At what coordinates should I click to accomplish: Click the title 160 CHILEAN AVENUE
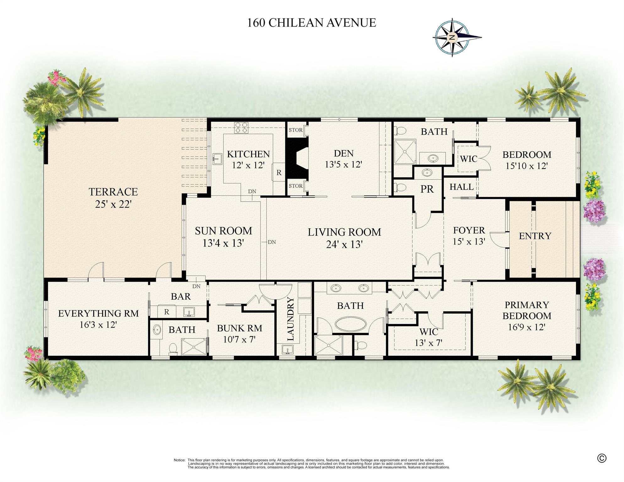[x=312, y=23]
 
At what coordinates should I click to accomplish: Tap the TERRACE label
[x=113, y=192]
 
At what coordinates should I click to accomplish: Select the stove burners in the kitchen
[x=241, y=127]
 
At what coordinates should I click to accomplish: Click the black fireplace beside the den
[x=297, y=158]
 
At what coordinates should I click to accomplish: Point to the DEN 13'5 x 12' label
[x=344, y=159]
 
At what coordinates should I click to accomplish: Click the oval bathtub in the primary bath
[x=350, y=324]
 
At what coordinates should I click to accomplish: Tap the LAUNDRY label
[x=290, y=319]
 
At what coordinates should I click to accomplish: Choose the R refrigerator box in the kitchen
[x=279, y=172]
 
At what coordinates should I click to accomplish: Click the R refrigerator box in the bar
[x=166, y=311]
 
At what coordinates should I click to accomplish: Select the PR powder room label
[x=427, y=189]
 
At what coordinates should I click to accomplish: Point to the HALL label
[x=461, y=187]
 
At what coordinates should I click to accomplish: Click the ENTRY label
[x=535, y=236]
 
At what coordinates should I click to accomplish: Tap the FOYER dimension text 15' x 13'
[x=469, y=241]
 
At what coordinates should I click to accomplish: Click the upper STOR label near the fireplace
[x=296, y=130]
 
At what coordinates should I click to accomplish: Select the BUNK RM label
[x=239, y=328]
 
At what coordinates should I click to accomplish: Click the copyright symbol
[x=601, y=458]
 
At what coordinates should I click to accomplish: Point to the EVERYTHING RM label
[x=98, y=313]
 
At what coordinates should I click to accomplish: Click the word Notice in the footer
[x=179, y=460]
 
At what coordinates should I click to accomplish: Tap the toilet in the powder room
[x=400, y=187]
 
